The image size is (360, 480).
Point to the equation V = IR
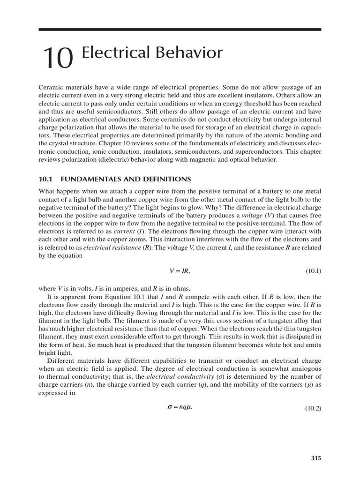pyautogui.click(x=180, y=271)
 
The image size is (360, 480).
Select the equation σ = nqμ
pyautogui.click(x=180, y=406)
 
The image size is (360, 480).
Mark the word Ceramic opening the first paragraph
pyautogui.click(x=49, y=88)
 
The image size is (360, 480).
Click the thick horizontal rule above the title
pyautogui.click(x=180, y=30)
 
